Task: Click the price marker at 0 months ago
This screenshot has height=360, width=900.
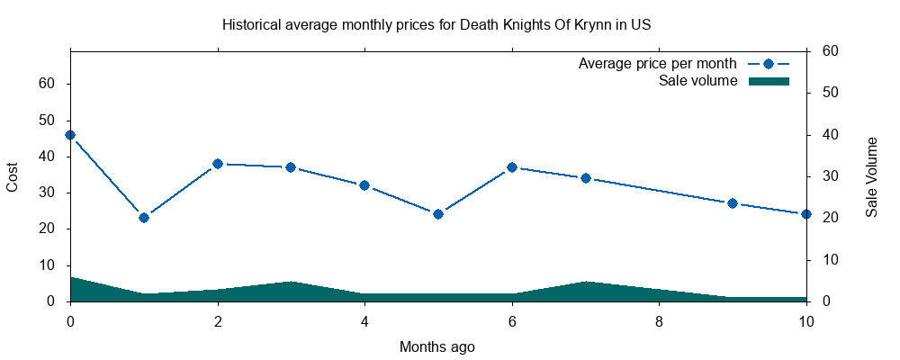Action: [x=70, y=135]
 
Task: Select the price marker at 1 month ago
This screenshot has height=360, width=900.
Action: [x=144, y=218]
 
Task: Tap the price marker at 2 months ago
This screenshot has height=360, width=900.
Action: [x=218, y=164]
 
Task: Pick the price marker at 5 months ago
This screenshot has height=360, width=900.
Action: [x=438, y=214]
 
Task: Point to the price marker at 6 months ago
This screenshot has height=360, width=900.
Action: [x=512, y=167]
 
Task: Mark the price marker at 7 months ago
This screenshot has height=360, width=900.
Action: [x=586, y=178]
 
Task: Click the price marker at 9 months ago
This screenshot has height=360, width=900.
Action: [x=733, y=203]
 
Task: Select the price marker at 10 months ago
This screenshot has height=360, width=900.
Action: [x=806, y=214]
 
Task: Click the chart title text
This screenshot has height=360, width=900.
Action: [x=436, y=24]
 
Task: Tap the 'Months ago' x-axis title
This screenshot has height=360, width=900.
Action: [x=437, y=346]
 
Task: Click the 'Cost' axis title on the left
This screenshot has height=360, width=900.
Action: [x=13, y=176]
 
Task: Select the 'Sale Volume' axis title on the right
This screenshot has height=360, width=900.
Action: [x=871, y=176]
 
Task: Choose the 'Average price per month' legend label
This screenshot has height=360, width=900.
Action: [x=658, y=64]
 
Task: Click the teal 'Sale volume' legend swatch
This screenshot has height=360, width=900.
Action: [x=769, y=81]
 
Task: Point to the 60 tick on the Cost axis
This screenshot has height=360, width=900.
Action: [x=48, y=84]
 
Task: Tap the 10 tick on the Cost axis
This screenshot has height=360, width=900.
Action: [x=48, y=265]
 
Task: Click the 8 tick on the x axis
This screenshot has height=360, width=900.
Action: [x=660, y=320]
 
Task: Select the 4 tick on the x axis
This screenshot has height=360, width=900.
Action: [x=364, y=320]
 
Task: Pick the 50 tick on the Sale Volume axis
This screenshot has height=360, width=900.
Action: [x=831, y=93]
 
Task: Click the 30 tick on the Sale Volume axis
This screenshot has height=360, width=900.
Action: [x=831, y=176]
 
